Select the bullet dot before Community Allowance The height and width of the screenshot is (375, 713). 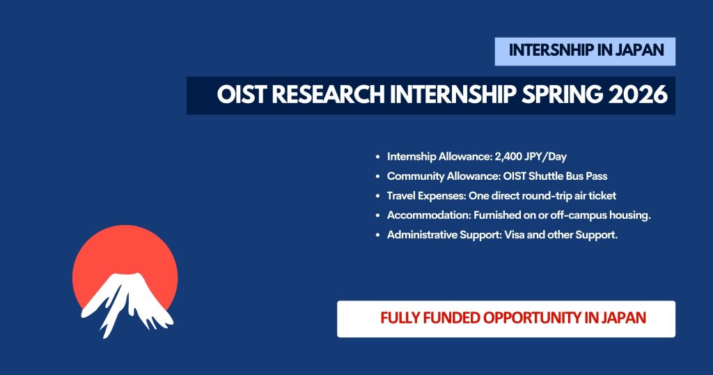click(377, 177)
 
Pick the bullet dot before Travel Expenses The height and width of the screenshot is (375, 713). click(377, 197)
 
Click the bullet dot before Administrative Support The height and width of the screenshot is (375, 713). click(377, 236)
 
